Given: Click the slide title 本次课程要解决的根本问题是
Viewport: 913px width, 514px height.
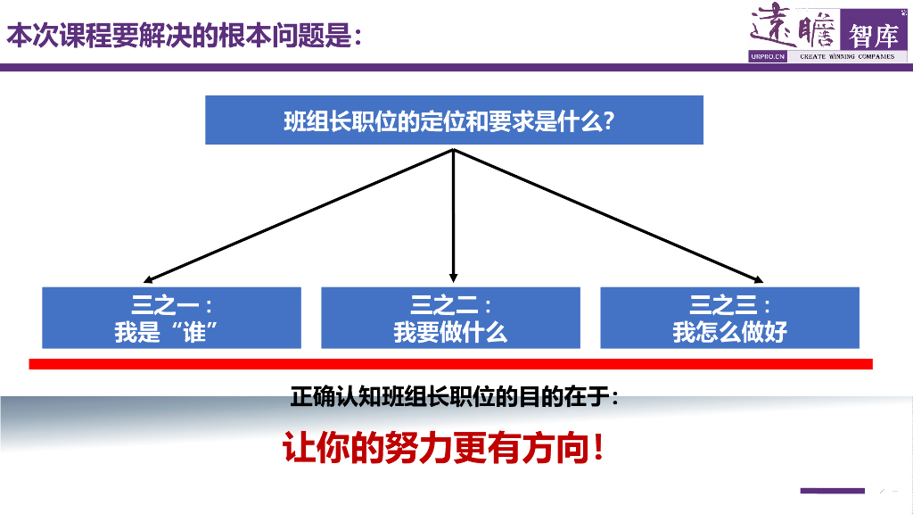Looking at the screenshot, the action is pyautogui.click(x=184, y=37).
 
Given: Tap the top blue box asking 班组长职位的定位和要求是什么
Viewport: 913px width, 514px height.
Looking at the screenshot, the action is pyautogui.click(x=454, y=120).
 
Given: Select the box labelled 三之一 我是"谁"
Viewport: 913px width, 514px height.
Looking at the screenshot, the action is pyautogui.click(x=171, y=318).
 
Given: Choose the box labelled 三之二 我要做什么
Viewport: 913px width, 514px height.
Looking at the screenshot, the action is pyautogui.click(x=450, y=318).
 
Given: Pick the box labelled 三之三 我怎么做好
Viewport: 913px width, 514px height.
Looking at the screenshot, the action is pyautogui.click(x=729, y=318).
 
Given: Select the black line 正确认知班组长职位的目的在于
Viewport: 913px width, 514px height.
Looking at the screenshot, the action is pyautogui.click(x=454, y=397).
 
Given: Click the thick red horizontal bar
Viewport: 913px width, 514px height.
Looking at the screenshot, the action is pyautogui.click(x=450, y=363).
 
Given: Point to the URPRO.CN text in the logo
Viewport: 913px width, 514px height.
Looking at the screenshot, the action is pyautogui.click(x=768, y=56).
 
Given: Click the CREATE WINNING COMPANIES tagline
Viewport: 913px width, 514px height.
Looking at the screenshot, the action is pyautogui.click(x=846, y=56).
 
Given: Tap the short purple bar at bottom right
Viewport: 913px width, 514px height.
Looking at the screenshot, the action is pyautogui.click(x=832, y=490).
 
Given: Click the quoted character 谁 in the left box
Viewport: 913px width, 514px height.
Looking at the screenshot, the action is pyautogui.click(x=193, y=333).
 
